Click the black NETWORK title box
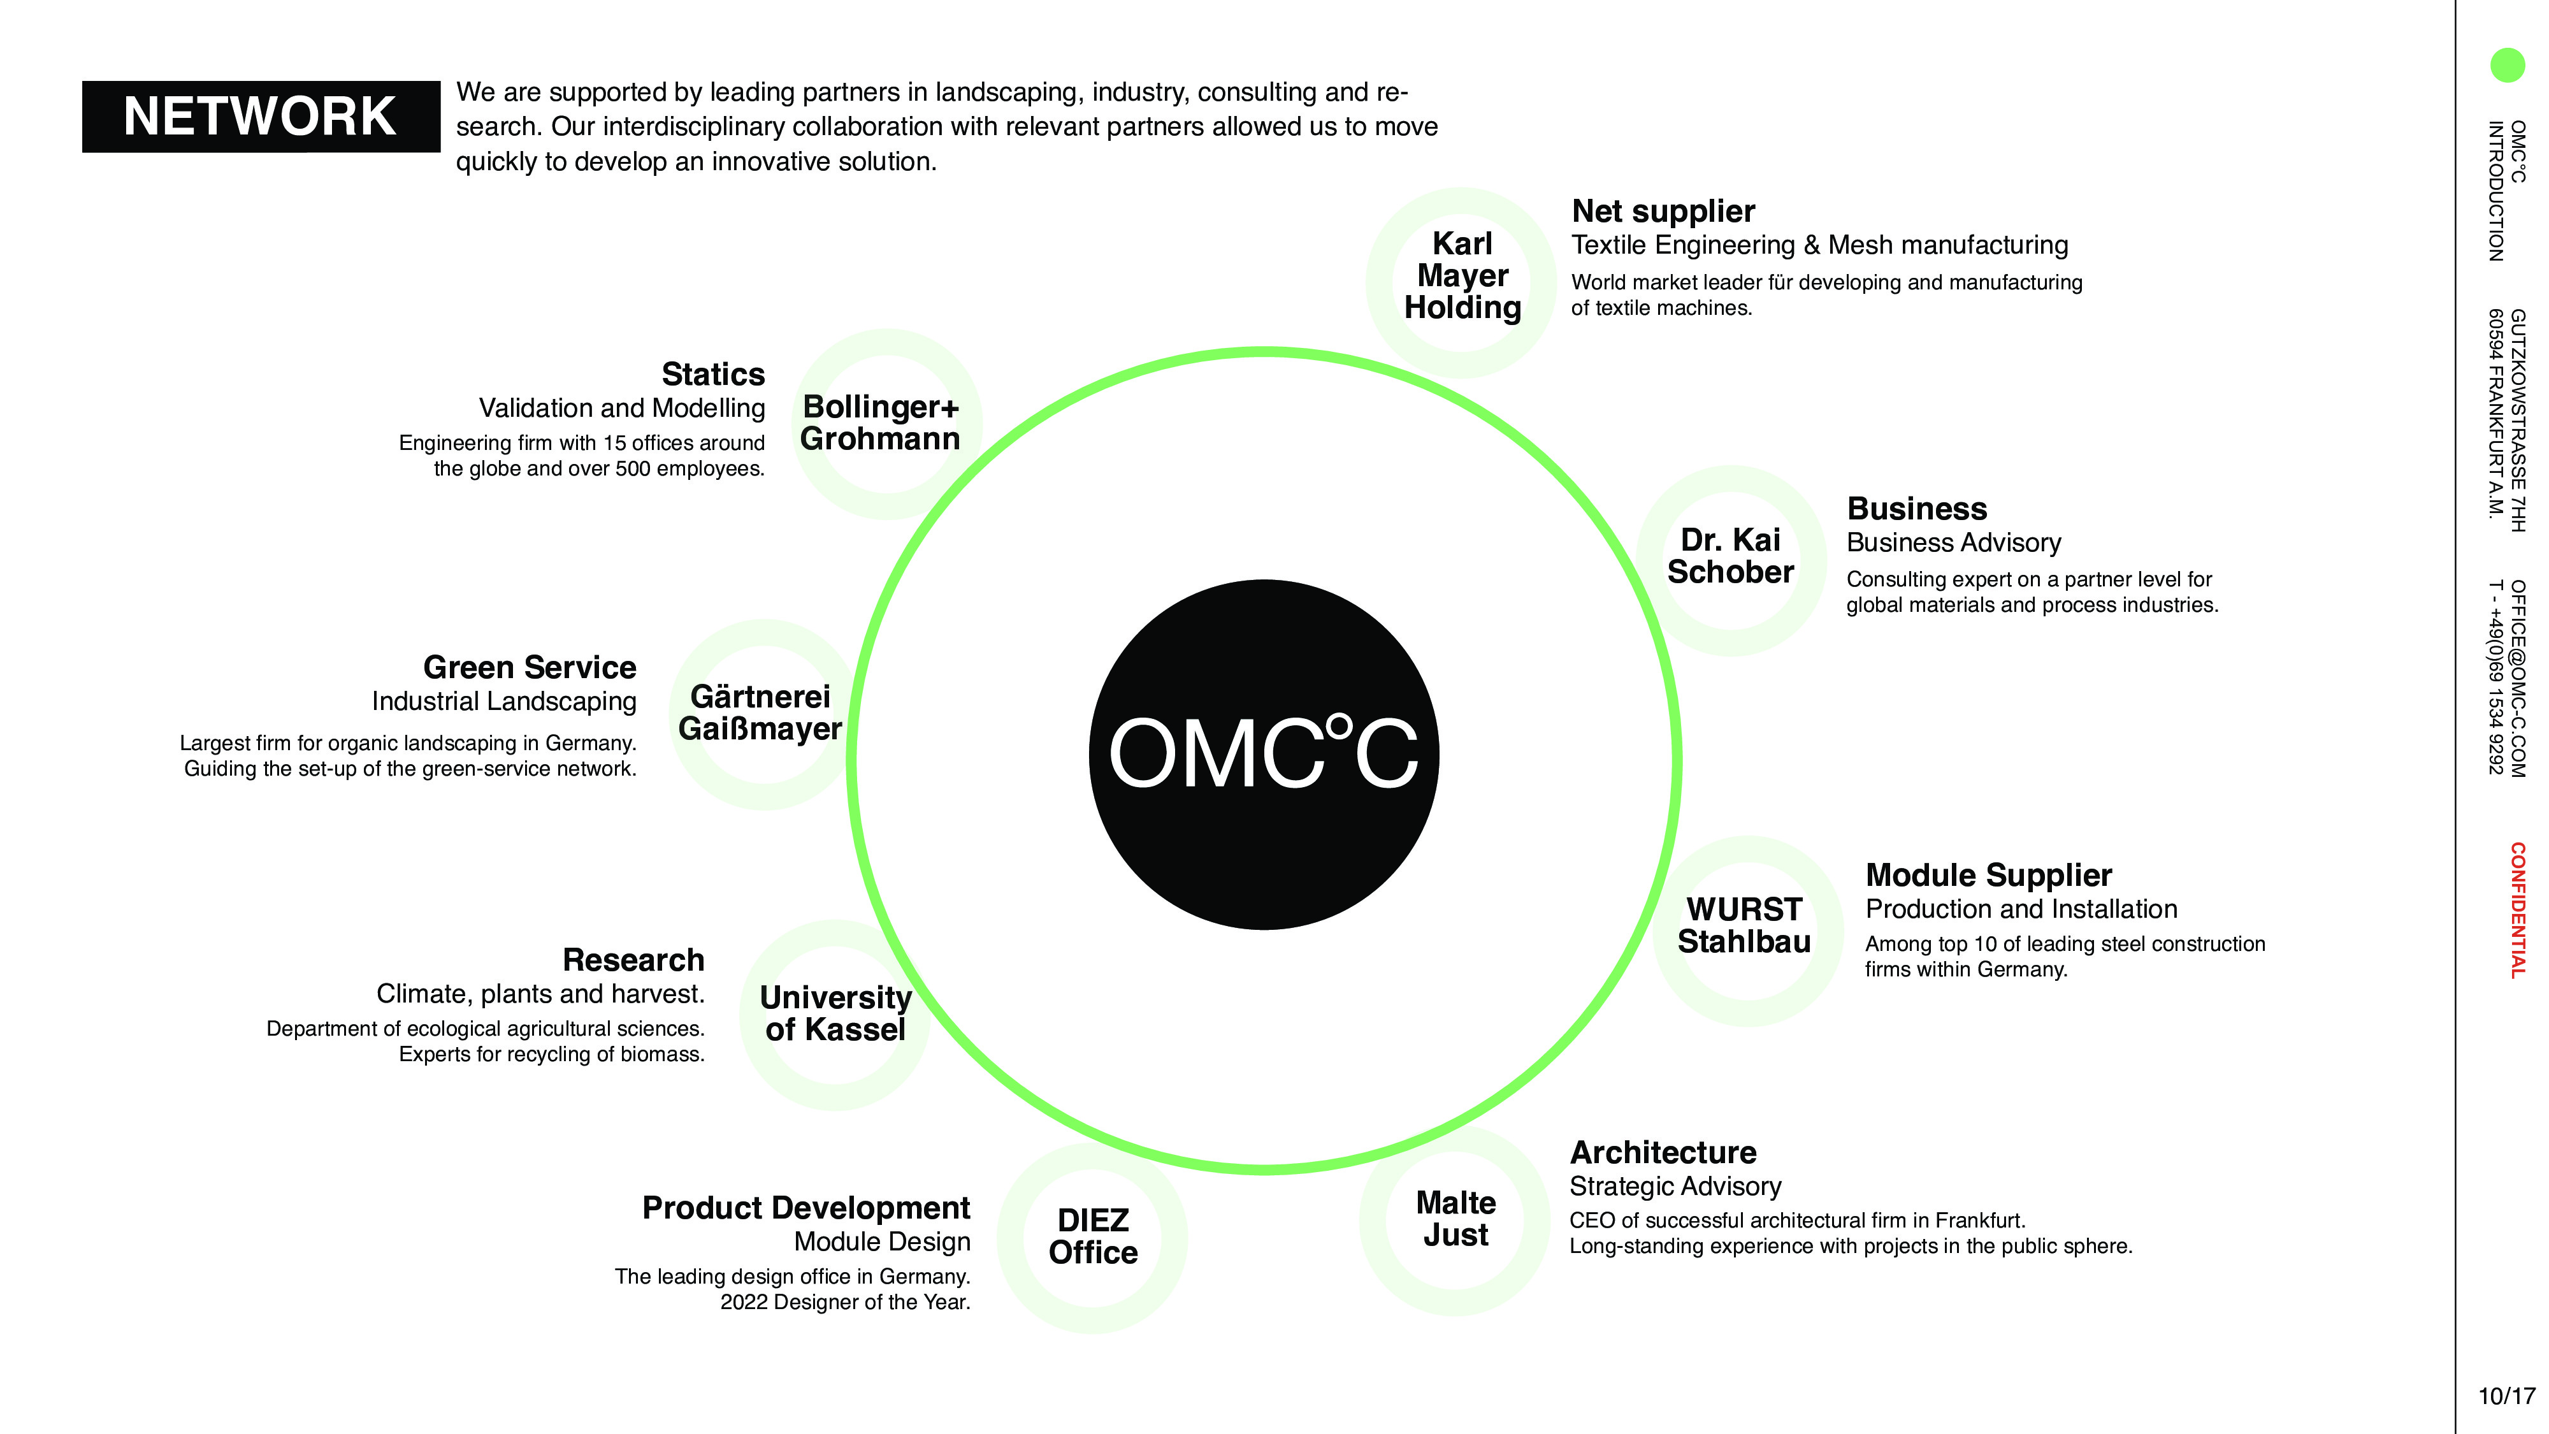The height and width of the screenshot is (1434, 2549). tap(260, 117)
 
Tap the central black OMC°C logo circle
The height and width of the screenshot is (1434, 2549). tap(1264, 754)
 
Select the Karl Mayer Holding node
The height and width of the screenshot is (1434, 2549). tap(1461, 277)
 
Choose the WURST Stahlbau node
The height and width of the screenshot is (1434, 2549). tap(1745, 926)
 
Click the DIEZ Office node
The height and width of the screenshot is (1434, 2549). tap(1092, 1237)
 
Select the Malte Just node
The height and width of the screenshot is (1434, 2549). tap(1455, 1219)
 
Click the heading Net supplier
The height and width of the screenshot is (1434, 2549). tap(1663, 212)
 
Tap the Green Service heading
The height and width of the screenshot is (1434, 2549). tap(530, 668)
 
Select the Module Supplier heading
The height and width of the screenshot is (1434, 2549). tap(1988, 876)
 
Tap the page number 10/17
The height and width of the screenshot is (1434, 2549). tap(2506, 1396)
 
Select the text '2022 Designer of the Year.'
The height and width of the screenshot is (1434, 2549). tap(845, 1302)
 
